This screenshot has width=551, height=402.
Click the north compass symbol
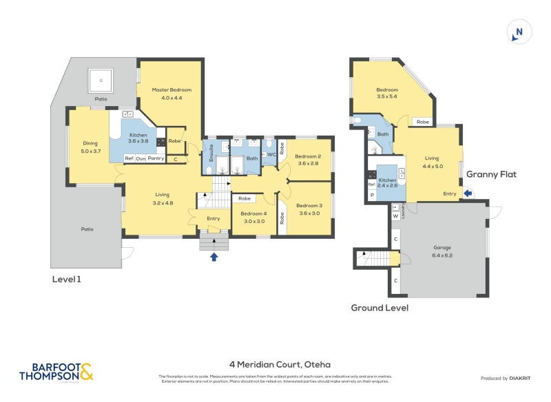(x=519, y=32)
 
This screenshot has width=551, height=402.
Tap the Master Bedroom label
(x=171, y=94)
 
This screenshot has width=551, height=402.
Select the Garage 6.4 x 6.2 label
(x=442, y=251)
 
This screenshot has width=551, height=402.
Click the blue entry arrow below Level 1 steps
(x=214, y=257)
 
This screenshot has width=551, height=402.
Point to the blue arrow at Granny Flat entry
(x=469, y=194)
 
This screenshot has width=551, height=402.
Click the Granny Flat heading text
(x=491, y=175)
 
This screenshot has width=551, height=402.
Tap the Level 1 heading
(x=72, y=279)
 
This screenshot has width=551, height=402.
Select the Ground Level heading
(x=380, y=308)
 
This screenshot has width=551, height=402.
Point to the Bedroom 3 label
(x=309, y=209)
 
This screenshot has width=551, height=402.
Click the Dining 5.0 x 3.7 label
(x=91, y=147)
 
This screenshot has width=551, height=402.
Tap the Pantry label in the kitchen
(x=156, y=159)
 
